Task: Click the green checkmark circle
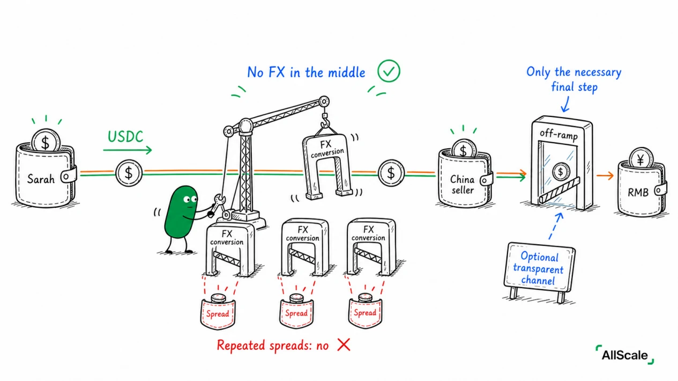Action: pyautogui.click(x=389, y=71)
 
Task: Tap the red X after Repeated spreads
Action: pyautogui.click(x=344, y=345)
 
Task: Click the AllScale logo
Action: pyautogui.click(x=625, y=355)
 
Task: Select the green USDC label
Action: pyautogui.click(x=125, y=136)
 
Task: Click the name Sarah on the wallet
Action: pyautogui.click(x=41, y=179)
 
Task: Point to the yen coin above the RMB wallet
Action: pyautogui.click(x=641, y=158)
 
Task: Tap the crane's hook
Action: pyautogui.click(x=325, y=121)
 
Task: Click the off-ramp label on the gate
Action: pyautogui.click(x=558, y=134)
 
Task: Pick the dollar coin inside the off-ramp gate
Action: pyautogui.click(x=561, y=172)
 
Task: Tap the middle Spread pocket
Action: pyautogui.click(x=296, y=311)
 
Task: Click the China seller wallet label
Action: pyautogui.click(x=463, y=185)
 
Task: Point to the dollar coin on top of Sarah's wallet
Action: pyautogui.click(x=46, y=141)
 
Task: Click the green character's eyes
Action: pyautogui.click(x=190, y=199)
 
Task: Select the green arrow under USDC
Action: pyautogui.click(x=128, y=150)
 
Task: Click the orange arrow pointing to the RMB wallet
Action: pyautogui.click(x=605, y=175)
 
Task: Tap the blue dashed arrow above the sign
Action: pyautogui.click(x=556, y=226)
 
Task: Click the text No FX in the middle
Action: pyautogui.click(x=307, y=72)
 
